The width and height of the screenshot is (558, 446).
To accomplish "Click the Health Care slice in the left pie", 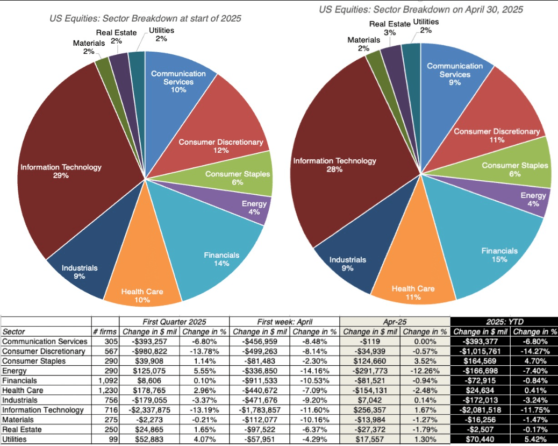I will pos(142,280).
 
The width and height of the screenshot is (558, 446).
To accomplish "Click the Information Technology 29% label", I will pos(61,171).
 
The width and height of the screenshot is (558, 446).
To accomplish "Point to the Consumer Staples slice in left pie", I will pos(237,178).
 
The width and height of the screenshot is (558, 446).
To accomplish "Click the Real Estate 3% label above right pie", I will pos(390,28).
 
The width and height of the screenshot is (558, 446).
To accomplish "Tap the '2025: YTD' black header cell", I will pos(504,322).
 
